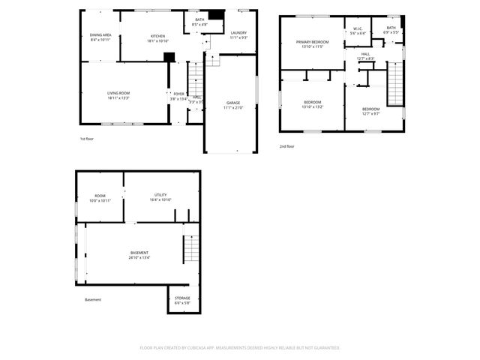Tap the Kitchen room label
tap(157, 36)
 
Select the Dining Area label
tap(100, 34)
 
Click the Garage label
tap(233, 103)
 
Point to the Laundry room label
tap(238, 32)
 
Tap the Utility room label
tap(160, 195)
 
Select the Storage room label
tap(182, 298)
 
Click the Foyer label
tap(178, 94)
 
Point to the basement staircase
tap(192, 248)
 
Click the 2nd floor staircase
tap(394, 84)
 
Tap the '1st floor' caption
tap(87, 139)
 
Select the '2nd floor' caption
tap(286, 146)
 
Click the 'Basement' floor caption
tap(93, 300)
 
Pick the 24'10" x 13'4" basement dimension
tap(139, 258)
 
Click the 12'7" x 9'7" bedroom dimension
tap(370, 113)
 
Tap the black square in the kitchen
tap(169, 56)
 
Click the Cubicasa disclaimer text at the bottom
tap(240, 348)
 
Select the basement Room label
tap(100, 196)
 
